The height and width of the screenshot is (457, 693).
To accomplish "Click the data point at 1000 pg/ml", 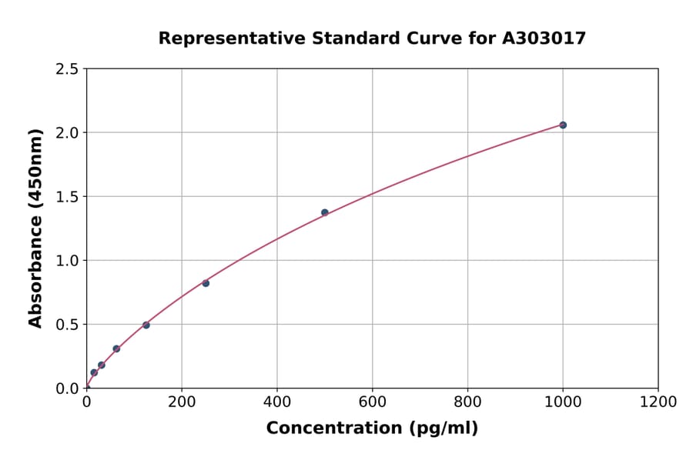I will coord(563,125).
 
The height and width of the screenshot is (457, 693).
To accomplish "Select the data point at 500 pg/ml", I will coord(325,212).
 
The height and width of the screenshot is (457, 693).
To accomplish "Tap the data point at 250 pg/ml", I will coord(206,283).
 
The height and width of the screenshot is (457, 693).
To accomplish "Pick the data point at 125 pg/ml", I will coord(146,325).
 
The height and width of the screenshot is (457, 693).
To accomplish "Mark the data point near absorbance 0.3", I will coord(116,349).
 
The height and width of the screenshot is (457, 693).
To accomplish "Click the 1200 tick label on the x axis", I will coord(658,402).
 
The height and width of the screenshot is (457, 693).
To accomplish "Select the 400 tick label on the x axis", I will coord(277,402).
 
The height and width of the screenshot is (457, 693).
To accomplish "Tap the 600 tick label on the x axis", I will coord(372,402).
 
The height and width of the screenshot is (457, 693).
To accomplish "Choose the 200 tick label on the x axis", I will coord(182,402).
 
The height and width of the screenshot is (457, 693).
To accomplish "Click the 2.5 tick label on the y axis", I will coord(67,68).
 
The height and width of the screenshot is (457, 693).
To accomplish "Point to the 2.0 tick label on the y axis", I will coord(67,132).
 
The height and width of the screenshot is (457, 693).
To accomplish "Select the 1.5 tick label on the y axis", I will coord(67,196).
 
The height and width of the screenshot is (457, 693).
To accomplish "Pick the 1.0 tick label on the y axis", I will coord(67,260).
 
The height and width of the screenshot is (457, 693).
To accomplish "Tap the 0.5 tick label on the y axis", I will coord(67,324).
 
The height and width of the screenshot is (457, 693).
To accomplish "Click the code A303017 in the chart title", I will coord(545,38).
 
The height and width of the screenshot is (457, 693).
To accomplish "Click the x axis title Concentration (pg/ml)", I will coord(372,428).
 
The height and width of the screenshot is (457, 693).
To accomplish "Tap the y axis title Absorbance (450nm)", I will coord(35,228).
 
